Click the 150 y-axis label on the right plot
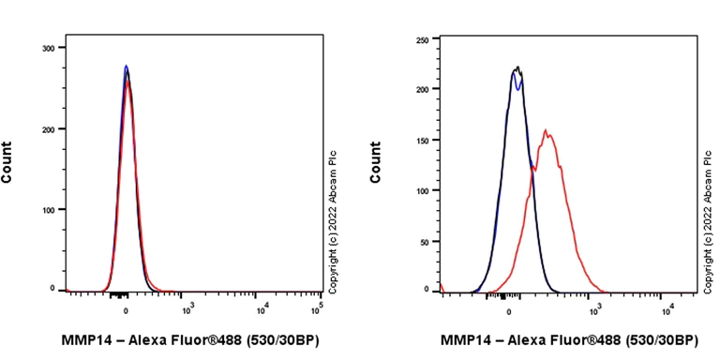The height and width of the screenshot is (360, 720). point(423,141)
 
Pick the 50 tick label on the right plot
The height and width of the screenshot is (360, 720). point(426,241)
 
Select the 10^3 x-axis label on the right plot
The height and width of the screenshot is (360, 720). point(594,305)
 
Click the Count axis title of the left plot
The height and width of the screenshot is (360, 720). point(7,161)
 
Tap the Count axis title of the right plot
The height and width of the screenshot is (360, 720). point(376,161)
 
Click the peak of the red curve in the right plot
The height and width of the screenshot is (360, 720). point(546,130)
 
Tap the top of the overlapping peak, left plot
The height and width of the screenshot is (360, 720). point(127,67)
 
